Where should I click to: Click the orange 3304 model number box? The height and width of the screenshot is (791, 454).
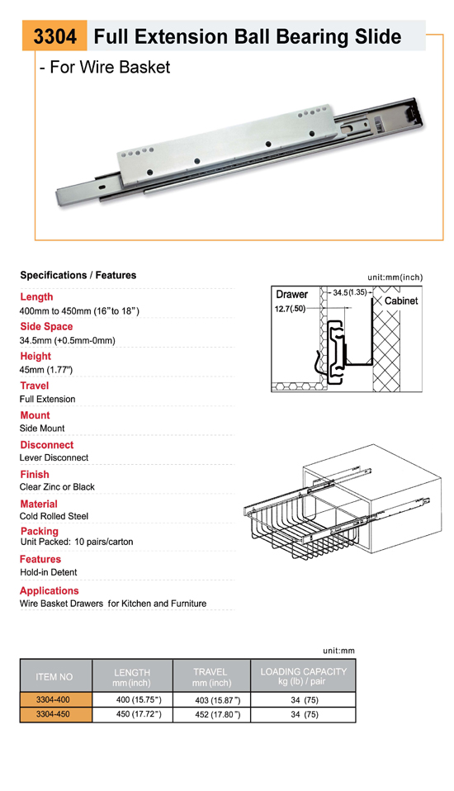[x=54, y=36]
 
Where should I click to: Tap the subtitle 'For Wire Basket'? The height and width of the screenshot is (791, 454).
[x=110, y=67]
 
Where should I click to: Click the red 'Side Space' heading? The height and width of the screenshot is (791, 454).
[x=46, y=326]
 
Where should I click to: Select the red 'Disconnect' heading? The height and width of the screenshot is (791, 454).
[x=47, y=445]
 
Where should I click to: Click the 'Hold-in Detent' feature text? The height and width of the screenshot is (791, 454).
[x=49, y=572]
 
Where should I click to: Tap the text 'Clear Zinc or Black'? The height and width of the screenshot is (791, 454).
[x=57, y=487]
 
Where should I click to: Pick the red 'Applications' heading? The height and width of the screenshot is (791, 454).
[x=50, y=590]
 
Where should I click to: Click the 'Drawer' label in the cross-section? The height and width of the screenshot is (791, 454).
[x=291, y=294]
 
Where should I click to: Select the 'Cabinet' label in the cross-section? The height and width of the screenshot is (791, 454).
[x=401, y=301]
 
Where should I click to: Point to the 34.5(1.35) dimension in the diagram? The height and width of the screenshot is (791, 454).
[x=350, y=292]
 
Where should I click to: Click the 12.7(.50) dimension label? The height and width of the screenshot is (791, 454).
[x=290, y=309]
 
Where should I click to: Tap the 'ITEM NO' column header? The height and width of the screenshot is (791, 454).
[x=54, y=677]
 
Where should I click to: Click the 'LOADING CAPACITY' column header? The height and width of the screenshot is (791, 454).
[x=303, y=671]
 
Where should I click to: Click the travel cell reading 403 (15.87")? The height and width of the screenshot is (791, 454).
[x=218, y=700]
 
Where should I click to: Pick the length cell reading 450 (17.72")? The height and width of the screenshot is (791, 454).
[x=139, y=714]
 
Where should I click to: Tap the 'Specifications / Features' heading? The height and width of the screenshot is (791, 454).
[x=78, y=275]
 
